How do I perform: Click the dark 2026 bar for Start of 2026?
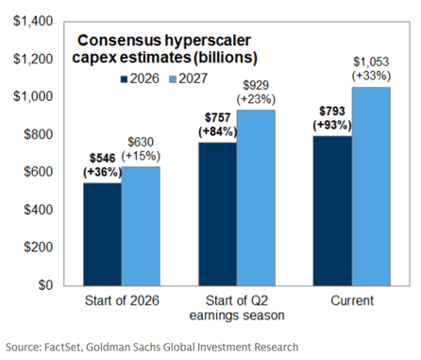[102, 234]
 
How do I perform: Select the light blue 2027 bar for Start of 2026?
[141, 227]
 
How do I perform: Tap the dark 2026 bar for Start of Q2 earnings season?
[218, 214]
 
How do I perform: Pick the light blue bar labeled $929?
[256, 198]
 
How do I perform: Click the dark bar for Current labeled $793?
[332, 211]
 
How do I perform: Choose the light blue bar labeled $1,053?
[371, 186]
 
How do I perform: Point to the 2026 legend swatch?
[124, 79]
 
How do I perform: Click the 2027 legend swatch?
[173, 79]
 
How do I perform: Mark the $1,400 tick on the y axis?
[33, 22]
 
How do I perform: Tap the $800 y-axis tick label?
[39, 134]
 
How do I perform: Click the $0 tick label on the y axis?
[45, 285]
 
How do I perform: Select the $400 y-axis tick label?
[39, 210]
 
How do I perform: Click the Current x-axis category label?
[352, 300]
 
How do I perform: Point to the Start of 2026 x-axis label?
[122, 300]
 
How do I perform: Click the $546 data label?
[102, 158]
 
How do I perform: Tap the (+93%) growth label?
[332, 126]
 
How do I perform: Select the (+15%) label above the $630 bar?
[141, 156]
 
